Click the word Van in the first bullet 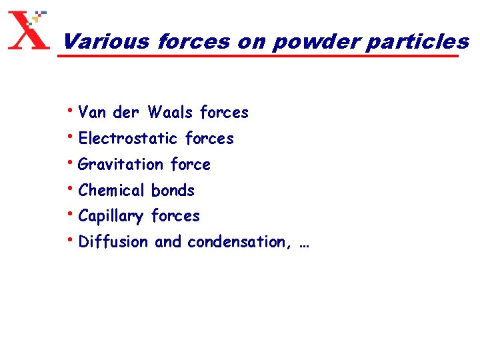click(x=92, y=113)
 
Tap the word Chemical click(x=112, y=191)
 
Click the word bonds click(x=173, y=191)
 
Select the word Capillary click(x=111, y=217)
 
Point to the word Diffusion click(x=114, y=242)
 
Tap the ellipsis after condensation click(x=305, y=243)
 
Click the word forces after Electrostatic click(x=209, y=139)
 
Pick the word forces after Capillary click(x=175, y=216)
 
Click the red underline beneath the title click(x=260, y=56)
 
